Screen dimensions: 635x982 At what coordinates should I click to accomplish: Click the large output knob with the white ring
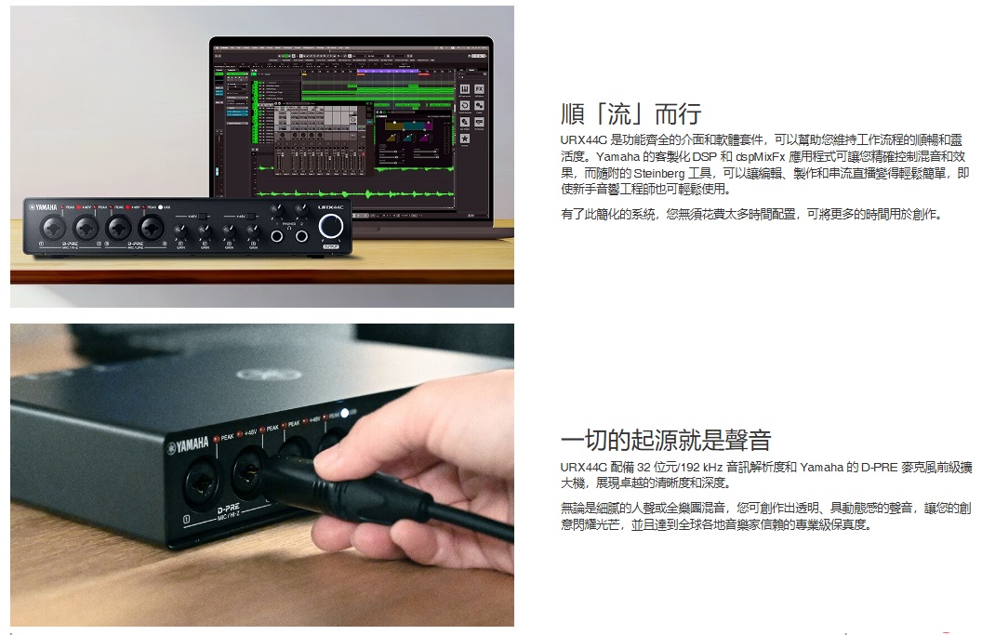330,227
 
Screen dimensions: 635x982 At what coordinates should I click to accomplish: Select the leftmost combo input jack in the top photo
53,227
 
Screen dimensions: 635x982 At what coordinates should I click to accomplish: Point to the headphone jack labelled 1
277,238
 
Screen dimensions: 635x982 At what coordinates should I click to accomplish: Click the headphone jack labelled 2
302,238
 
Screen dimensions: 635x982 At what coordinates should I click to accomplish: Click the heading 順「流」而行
631,115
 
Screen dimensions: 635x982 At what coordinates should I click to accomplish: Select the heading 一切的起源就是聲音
666,441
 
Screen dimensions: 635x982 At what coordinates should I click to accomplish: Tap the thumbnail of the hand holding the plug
261,474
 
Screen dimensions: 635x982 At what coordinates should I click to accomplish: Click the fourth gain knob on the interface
252,231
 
